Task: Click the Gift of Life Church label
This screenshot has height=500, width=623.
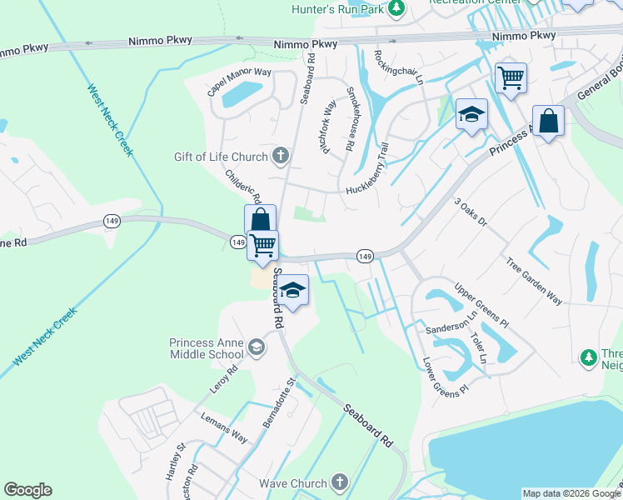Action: coord(220,157)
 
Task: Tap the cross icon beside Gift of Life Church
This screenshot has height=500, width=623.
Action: coord(281,156)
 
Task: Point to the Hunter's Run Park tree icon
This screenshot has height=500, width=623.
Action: coord(397,8)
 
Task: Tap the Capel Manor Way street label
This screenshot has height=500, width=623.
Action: coord(240,82)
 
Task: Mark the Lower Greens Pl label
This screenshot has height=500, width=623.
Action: coord(446,376)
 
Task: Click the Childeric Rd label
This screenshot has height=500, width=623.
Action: coord(243,187)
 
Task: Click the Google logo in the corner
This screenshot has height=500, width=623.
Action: coord(27,490)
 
